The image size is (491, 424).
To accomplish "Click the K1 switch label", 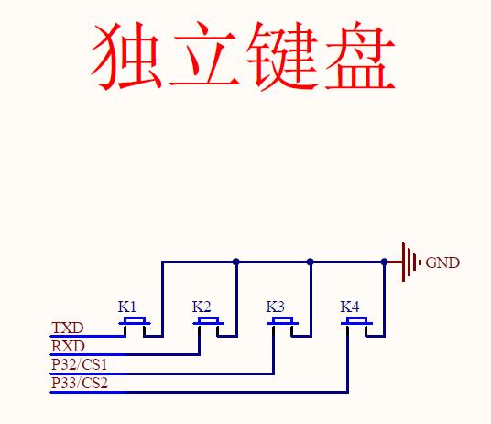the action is (x=126, y=307).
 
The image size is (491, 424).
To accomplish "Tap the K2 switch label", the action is (x=202, y=307).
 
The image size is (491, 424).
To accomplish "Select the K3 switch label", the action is (x=275, y=307).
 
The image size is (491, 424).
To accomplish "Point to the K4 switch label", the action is (x=350, y=307).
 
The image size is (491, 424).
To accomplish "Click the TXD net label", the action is (x=68, y=328).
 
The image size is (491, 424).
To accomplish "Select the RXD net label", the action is (x=68, y=346).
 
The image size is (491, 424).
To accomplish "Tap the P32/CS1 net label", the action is (x=79, y=364).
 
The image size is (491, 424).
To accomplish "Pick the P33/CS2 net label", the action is (x=80, y=383).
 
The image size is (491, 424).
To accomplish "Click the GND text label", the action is (x=442, y=262).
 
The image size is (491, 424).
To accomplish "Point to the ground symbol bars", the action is (x=411, y=262).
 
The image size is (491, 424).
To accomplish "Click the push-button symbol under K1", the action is (x=135, y=327).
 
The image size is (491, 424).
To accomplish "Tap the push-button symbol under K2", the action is (x=209, y=327).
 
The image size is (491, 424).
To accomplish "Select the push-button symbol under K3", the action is (x=282, y=327).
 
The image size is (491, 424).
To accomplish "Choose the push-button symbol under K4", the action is (x=356, y=327).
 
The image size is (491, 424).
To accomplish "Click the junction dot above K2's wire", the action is (x=236, y=262).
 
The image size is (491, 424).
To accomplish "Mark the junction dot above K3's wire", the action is (x=310, y=262).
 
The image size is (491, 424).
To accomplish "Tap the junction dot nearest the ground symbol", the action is (x=384, y=262).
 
